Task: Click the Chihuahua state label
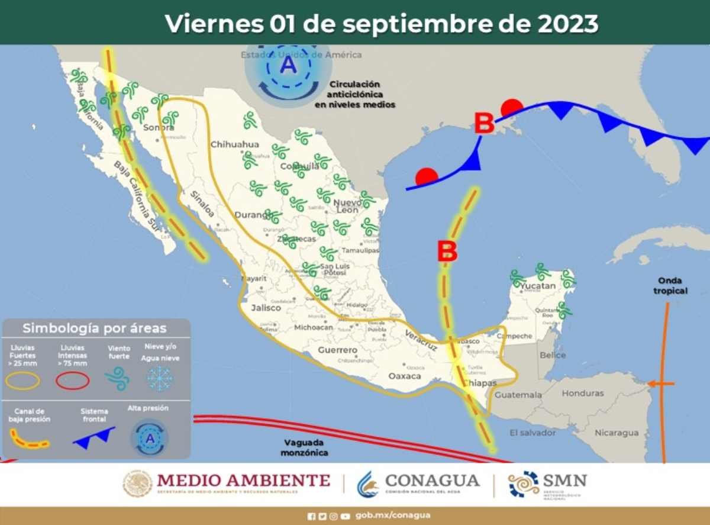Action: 235,144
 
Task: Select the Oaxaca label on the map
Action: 405,376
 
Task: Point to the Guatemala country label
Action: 518,395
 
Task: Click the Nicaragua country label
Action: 617,433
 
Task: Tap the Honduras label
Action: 583,393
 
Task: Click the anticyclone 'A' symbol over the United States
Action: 288,65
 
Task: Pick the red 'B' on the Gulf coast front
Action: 484,124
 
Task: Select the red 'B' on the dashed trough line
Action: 447,252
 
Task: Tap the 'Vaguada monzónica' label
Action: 306,447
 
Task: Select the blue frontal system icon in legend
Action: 94,437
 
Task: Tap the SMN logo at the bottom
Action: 547,484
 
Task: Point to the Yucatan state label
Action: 538,286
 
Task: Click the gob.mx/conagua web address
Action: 392,515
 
